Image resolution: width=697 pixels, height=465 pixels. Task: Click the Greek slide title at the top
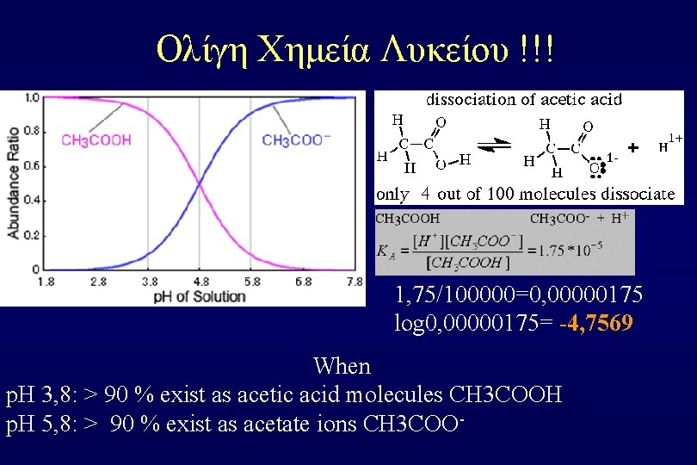[355, 49]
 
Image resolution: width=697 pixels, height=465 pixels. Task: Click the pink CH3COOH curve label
[96, 140]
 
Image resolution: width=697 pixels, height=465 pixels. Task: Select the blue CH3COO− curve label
[298, 140]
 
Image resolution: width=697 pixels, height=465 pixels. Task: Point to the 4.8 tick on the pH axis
[200, 282]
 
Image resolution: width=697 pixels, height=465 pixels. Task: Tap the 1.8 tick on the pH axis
[46, 282]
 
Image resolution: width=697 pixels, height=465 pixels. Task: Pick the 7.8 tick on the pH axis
[353, 282]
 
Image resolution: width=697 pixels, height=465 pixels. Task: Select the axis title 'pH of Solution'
[200, 297]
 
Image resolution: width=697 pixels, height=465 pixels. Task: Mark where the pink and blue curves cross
[200, 183]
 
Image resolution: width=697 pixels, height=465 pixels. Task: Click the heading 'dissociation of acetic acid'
[524, 99]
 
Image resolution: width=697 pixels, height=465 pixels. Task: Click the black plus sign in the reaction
[633, 148]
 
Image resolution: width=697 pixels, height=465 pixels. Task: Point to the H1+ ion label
[671, 144]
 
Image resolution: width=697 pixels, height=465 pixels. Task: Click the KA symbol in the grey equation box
[386, 251]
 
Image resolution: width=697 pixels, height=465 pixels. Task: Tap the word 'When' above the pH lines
[342, 366]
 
